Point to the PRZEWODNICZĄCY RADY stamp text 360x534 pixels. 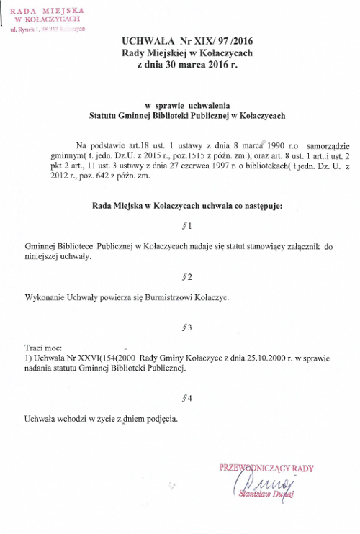click(267, 468)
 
